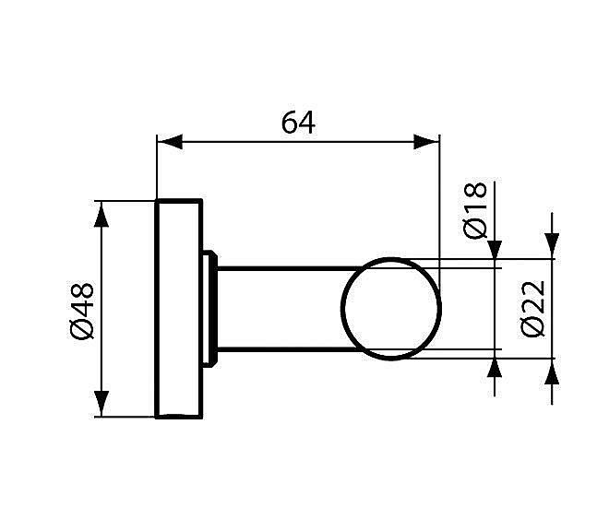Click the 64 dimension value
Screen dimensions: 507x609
[x=298, y=123]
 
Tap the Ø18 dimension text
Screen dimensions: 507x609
[x=475, y=210]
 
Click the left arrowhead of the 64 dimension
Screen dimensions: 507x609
[x=168, y=142]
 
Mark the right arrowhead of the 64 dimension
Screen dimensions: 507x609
[x=427, y=142]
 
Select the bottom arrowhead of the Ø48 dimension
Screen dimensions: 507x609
[x=102, y=406]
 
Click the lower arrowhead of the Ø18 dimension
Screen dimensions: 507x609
[x=496, y=367]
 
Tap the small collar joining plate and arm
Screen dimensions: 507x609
[x=210, y=309]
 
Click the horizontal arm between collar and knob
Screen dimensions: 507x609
[x=281, y=309]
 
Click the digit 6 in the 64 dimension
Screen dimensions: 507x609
[x=289, y=123]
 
